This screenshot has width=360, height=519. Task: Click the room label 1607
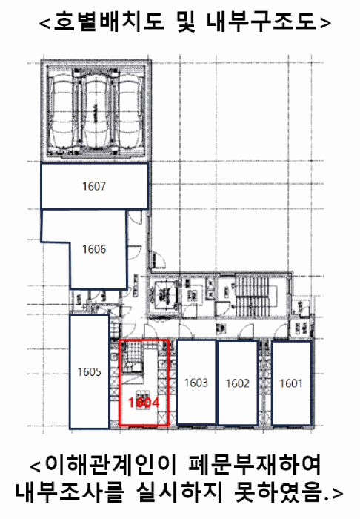click(94, 186)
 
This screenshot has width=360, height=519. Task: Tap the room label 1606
click(94, 249)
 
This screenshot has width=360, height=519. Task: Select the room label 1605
click(89, 371)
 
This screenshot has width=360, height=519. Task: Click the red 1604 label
click(144, 403)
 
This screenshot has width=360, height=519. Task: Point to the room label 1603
click(196, 383)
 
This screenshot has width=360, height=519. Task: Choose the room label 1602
click(238, 383)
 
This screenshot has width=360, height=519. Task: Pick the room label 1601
click(291, 383)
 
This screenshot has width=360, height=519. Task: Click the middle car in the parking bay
click(96, 111)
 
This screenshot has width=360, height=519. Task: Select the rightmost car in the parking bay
click(130, 111)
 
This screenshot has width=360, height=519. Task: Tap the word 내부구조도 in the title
click(261, 22)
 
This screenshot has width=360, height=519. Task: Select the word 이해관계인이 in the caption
click(111, 466)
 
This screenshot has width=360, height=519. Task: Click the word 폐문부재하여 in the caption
click(255, 466)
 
